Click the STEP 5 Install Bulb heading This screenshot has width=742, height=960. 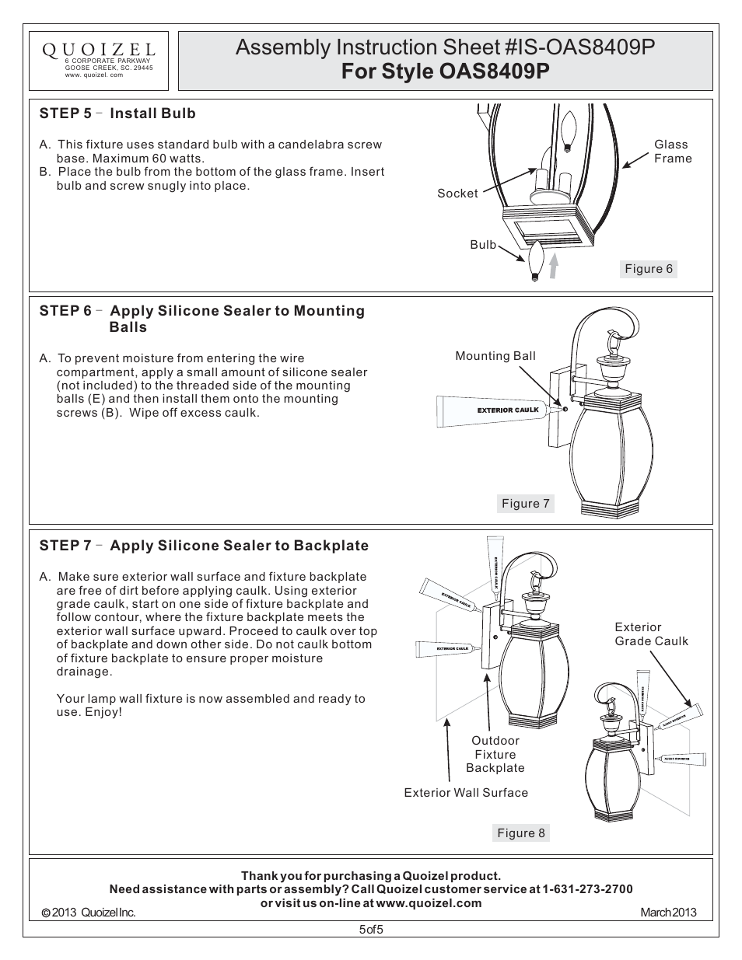point(117,113)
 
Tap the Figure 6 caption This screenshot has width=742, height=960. point(649,269)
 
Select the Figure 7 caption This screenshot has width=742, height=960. point(525,504)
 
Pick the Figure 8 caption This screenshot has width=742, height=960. point(521,833)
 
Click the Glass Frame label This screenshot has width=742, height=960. point(672,152)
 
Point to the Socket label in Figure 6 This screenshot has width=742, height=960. point(457,194)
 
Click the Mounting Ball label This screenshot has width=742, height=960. point(495,356)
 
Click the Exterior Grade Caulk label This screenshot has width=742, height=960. point(651,634)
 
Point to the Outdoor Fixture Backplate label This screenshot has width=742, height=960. point(495,754)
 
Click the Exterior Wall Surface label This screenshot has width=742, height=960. point(466,793)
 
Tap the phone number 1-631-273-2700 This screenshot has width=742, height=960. point(587,889)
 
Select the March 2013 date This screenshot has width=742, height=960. point(668,913)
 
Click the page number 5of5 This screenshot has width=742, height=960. point(371,930)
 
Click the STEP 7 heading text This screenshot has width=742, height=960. point(204,546)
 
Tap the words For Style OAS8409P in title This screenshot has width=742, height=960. point(445,72)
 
